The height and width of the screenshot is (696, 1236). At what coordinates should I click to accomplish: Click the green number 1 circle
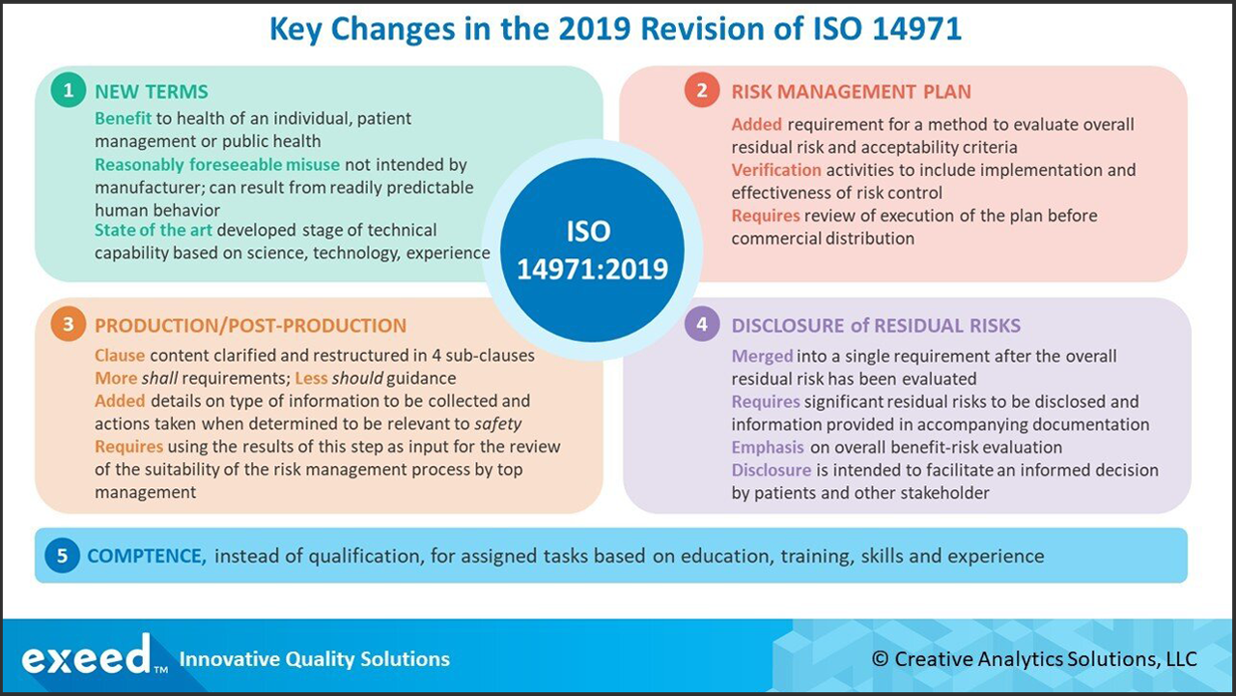pos(67,91)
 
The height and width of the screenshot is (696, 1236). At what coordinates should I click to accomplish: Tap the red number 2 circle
pos(702,91)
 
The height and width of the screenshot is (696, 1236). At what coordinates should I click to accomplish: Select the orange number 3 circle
pos(67,325)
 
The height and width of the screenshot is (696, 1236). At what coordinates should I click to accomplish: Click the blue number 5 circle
pos(62,556)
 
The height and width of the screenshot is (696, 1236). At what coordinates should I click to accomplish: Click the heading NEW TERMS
pos(152,93)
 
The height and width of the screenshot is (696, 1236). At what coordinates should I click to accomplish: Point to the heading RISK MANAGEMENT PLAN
pos(851,93)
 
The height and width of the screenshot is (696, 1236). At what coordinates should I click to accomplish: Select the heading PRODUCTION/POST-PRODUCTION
pos(250,326)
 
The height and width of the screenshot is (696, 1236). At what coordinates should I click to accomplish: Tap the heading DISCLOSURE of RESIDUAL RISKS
pos(876,326)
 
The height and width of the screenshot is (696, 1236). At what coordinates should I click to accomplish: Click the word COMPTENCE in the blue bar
pos(146,556)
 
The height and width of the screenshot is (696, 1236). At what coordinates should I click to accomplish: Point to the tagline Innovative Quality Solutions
pos(315,659)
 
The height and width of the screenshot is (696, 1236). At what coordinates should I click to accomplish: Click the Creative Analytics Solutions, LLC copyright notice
pos(1034,659)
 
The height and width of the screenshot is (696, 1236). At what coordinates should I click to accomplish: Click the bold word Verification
pos(776,170)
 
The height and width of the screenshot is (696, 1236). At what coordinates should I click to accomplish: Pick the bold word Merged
pos(762,356)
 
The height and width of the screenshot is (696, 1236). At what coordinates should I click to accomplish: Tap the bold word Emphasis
pos(768,448)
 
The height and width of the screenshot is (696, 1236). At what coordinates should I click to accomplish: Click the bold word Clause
pos(120,356)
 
